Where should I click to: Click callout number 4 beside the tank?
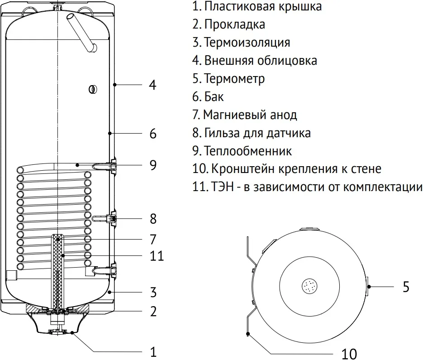[153, 85]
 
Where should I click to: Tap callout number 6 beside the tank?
[153, 134]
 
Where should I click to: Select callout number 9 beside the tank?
[153, 165]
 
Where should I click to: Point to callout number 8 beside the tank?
[153, 219]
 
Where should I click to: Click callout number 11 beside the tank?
[157, 256]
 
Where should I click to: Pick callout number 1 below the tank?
[153, 352]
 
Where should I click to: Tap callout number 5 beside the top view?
[406, 287]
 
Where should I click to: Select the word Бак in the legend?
[214, 96]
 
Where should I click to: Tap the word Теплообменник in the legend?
[248, 151]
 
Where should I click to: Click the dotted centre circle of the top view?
[310, 286]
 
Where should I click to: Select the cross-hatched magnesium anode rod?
[57, 272]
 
